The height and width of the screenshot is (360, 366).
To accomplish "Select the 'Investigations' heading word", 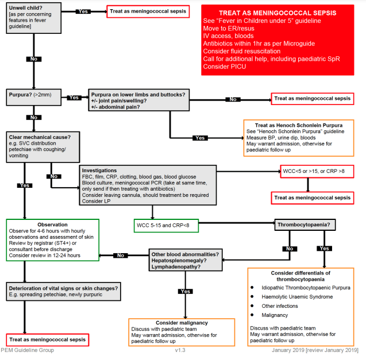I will [x=99, y=171].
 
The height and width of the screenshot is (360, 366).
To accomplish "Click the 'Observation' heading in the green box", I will [x=52, y=224].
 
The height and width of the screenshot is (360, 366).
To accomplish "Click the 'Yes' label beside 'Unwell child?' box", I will [x=83, y=11].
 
